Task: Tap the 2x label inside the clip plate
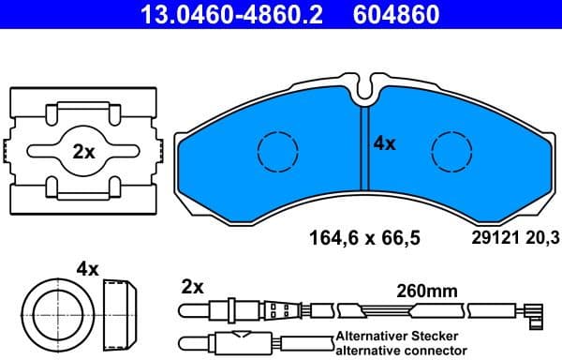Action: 83,151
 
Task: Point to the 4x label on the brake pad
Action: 385,143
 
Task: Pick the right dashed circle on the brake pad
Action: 451,150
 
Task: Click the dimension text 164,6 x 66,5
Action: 364,238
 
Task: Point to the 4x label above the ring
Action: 87,269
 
